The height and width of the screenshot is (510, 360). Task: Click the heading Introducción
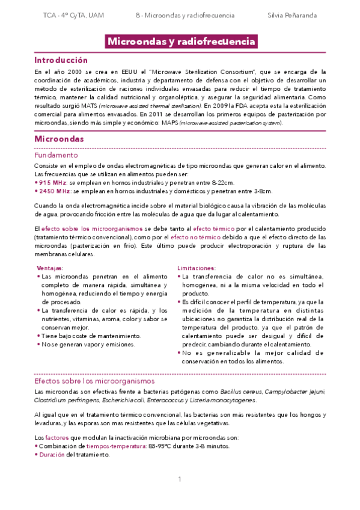point(61,61)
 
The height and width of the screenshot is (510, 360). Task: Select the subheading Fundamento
point(56,155)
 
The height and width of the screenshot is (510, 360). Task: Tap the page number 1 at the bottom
point(180,479)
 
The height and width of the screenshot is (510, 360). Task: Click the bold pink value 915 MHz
point(53,182)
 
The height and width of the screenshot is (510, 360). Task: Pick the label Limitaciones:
point(197,268)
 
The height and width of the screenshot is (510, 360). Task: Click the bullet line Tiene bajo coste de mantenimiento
point(91,336)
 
